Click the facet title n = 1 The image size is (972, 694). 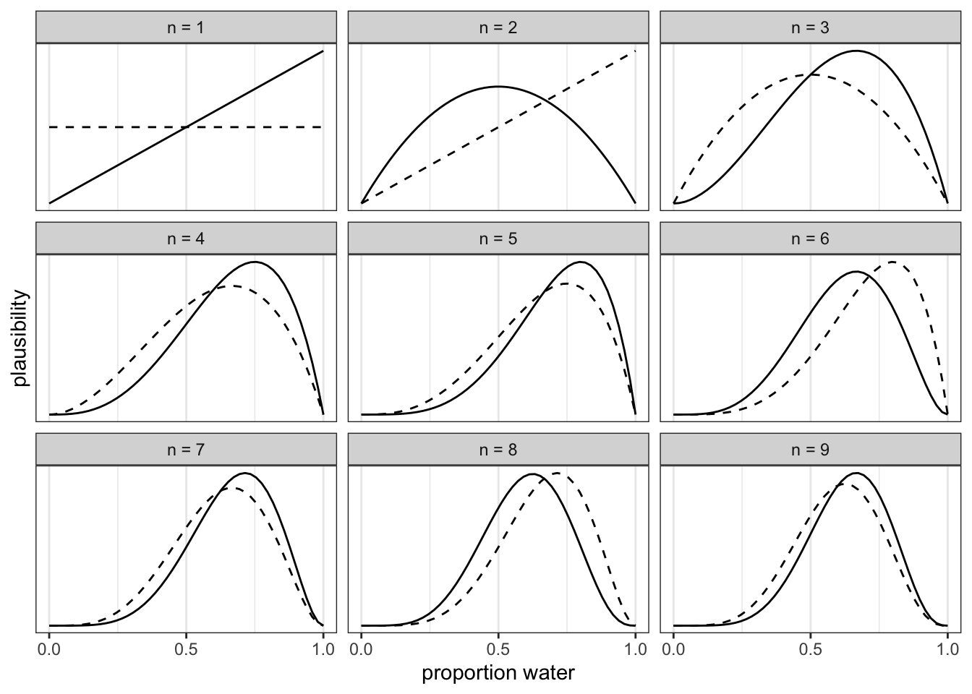pyautogui.click(x=186, y=28)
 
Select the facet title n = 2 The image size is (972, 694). pyautogui.click(x=498, y=28)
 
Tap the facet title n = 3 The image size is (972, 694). pyautogui.click(x=810, y=28)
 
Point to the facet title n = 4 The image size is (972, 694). pyautogui.click(x=186, y=239)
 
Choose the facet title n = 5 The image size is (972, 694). pyautogui.click(x=498, y=239)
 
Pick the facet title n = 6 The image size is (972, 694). pyautogui.click(x=810, y=239)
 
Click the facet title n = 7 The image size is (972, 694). pyautogui.click(x=186, y=450)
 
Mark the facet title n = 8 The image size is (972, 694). pyautogui.click(x=498, y=450)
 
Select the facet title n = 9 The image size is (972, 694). pyautogui.click(x=810, y=450)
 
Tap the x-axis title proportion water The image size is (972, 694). pyautogui.click(x=498, y=674)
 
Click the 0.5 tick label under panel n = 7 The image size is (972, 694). pyautogui.click(x=186, y=648)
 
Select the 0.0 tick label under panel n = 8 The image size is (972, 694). pyautogui.click(x=361, y=648)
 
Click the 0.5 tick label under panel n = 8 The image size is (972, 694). pyautogui.click(x=498, y=648)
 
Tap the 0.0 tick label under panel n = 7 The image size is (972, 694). pyautogui.click(x=49, y=648)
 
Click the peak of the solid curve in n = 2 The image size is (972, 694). pyautogui.click(x=498, y=87)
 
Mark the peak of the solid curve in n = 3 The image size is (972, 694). pyautogui.click(x=856, y=51)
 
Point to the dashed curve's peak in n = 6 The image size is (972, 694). pyautogui.click(x=893, y=262)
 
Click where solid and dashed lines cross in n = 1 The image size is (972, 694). pyautogui.click(x=187, y=127)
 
